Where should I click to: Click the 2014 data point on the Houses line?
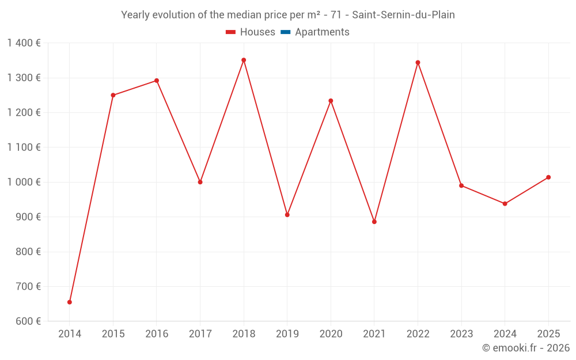[70, 302]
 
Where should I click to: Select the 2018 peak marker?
[244, 60]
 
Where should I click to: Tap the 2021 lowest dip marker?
[374, 222]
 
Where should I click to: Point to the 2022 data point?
[418, 62]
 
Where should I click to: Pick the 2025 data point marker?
[548, 177]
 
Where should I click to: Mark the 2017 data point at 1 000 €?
[200, 182]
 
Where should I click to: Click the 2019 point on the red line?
[287, 215]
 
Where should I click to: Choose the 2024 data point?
[505, 204]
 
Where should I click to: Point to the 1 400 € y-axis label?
[24, 43]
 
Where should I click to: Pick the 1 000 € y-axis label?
[24, 182]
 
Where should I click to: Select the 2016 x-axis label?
[157, 334]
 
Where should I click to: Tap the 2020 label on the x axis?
[331, 334]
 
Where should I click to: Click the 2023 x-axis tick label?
[461, 334]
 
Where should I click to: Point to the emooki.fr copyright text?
[526, 348]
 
